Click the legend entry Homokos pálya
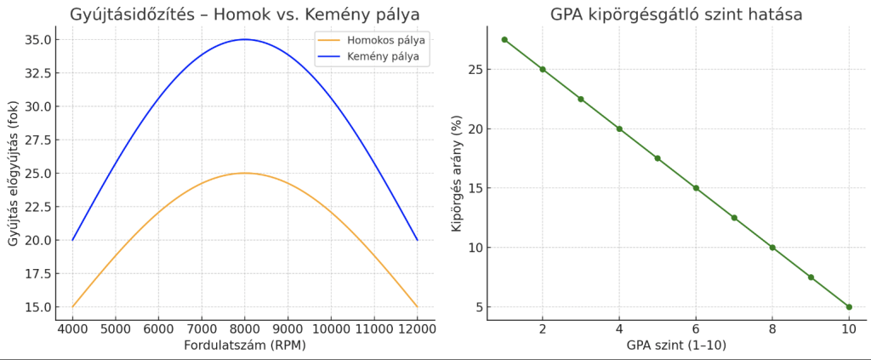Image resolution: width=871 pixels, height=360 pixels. pos(380,39)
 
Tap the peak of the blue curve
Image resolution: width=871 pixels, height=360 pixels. pos(245,39)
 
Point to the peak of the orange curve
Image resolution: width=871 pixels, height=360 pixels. pos(245,173)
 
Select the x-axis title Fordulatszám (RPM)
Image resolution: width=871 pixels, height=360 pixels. pos(245,346)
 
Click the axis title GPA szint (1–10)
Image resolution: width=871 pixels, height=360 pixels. pos(675,346)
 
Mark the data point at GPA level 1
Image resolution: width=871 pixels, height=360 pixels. pos(504,39)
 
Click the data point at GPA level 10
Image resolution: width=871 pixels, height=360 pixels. pos(849,306)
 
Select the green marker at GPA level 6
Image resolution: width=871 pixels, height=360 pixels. pos(696,188)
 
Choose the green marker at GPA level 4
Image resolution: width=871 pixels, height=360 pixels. pos(619,129)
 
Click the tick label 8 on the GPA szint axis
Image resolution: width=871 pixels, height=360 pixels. pos(772,329)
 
